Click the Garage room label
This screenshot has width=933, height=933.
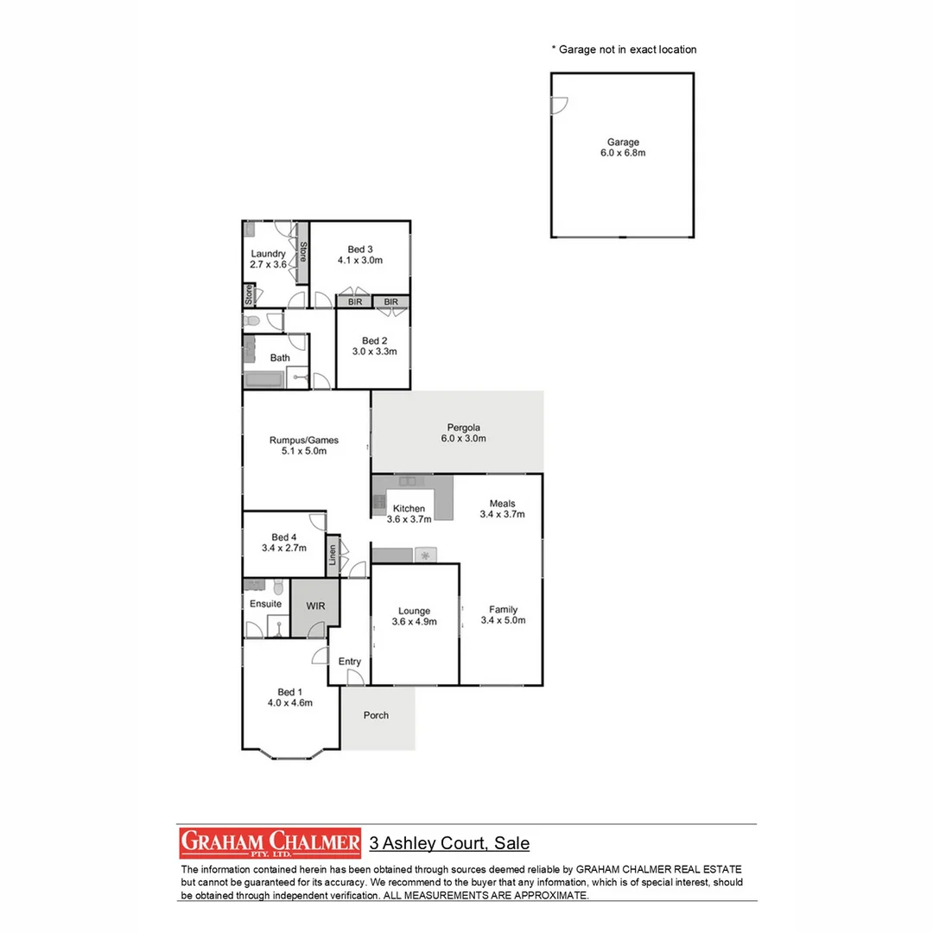point(622,148)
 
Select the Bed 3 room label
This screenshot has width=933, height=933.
point(359,254)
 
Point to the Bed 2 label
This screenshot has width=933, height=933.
point(373,346)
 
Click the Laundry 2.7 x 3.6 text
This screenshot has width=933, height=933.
point(268,259)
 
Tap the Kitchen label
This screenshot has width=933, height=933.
point(409,514)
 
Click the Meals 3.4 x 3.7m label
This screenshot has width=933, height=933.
point(502,509)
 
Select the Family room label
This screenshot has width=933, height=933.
point(503,614)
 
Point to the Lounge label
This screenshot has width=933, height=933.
point(414,616)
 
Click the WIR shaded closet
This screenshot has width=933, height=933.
point(315,606)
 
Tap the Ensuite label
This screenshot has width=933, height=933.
point(265,603)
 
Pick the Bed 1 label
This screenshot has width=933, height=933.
point(289,697)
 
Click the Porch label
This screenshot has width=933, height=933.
point(376,715)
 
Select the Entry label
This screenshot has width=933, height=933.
point(350,662)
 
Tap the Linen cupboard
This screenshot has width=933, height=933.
point(333,555)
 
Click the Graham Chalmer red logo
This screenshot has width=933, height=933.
point(270,842)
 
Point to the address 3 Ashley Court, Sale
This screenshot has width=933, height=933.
point(449,843)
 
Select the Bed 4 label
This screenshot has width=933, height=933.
point(283,543)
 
